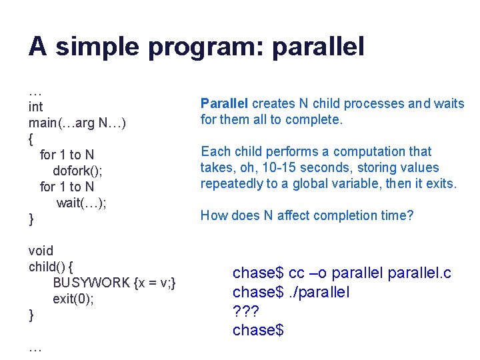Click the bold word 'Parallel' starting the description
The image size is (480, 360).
224,103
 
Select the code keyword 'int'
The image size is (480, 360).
35,107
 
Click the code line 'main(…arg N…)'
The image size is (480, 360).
77,123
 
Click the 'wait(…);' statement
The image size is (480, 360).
81,203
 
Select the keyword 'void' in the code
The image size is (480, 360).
41,251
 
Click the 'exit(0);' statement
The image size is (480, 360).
73,299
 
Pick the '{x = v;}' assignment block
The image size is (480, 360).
155,283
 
